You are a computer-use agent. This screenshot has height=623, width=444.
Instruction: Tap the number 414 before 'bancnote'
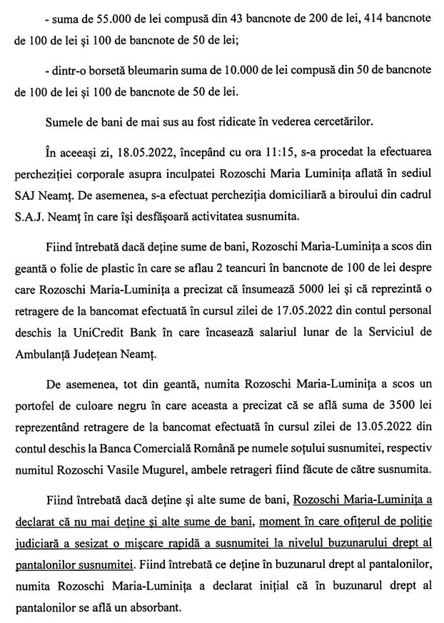tap(351, 16)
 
